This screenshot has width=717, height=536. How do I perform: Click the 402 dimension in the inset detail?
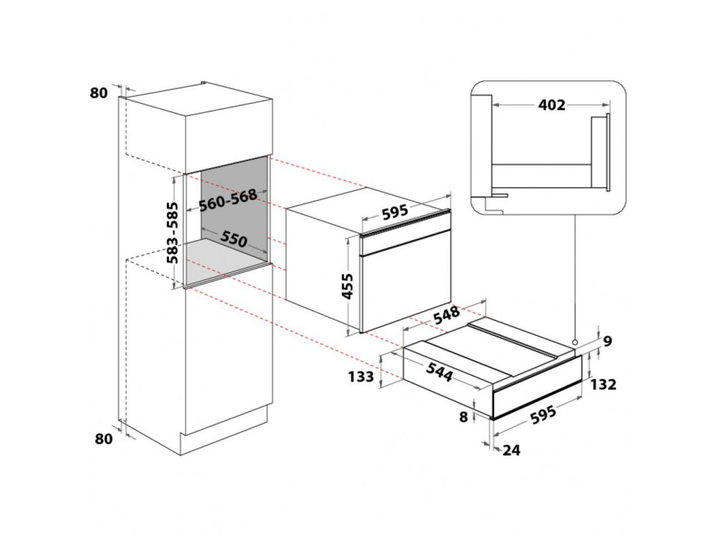551,105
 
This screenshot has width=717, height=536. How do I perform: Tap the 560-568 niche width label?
228,200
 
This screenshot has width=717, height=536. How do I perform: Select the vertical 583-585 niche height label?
172,233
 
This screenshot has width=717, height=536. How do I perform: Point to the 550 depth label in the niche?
234,238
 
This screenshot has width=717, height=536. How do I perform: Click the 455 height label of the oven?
348,286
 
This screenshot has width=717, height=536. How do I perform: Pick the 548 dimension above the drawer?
446,315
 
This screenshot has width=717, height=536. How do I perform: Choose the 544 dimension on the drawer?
440,372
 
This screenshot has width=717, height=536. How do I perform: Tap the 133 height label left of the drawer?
361,378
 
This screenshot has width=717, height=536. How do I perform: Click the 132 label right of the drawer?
603,384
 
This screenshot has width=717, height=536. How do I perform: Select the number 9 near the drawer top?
607,341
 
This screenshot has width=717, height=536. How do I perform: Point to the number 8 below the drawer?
463,417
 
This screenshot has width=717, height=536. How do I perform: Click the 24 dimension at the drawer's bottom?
511,450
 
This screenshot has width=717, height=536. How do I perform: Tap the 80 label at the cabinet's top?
98,92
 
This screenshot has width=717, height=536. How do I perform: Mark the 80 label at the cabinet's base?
103,439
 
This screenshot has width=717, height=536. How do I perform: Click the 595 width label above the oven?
394,211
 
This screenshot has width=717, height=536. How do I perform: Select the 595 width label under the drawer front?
543,414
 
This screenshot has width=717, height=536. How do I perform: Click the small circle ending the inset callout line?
574,342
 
